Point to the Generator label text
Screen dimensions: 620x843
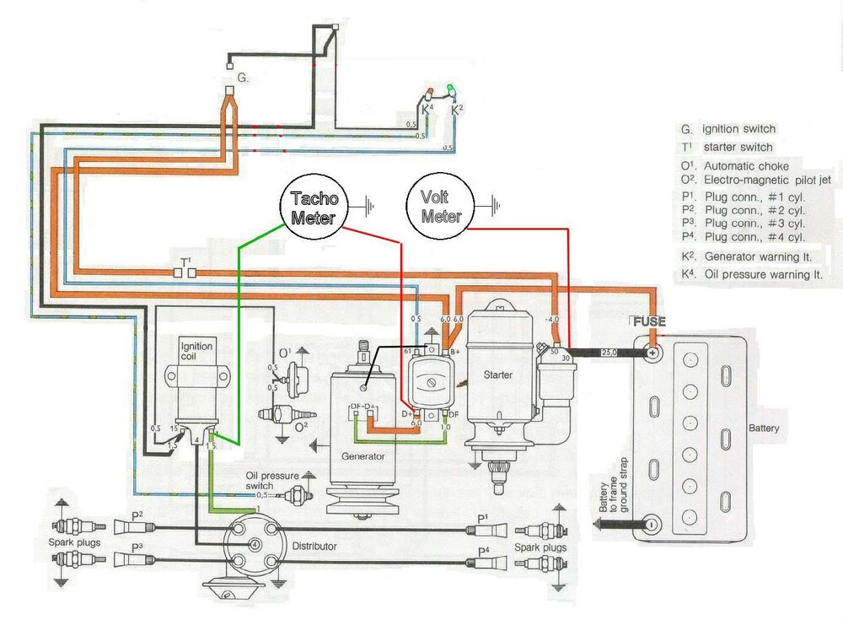(x=364, y=456)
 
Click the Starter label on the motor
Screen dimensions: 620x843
(x=501, y=374)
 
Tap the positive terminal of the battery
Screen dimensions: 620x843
(x=652, y=353)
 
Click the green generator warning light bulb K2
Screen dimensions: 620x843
(x=452, y=89)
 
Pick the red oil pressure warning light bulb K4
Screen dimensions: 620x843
(x=429, y=92)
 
